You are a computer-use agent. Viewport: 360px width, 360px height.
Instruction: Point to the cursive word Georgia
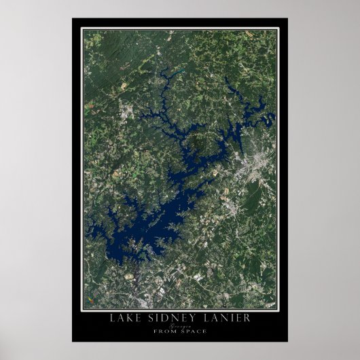[x=179, y=325]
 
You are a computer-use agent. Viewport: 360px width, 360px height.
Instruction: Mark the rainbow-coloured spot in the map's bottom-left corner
[x=86, y=299]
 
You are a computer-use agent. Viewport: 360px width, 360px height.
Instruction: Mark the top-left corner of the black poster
[x=72, y=18]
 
